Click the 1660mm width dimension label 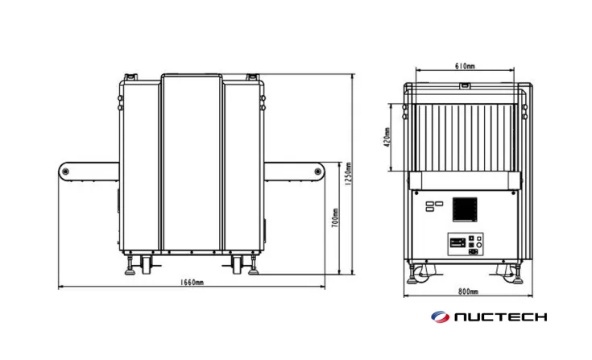point(189,283)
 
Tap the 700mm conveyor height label point(335,218)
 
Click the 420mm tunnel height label point(387,137)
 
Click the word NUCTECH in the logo point(500,317)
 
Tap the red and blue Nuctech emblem point(441,317)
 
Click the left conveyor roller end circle point(66,172)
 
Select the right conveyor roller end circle point(317,172)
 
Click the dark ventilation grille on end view point(465,209)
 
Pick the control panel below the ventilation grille point(465,243)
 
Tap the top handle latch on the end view point(465,84)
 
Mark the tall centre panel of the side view point(192,161)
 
